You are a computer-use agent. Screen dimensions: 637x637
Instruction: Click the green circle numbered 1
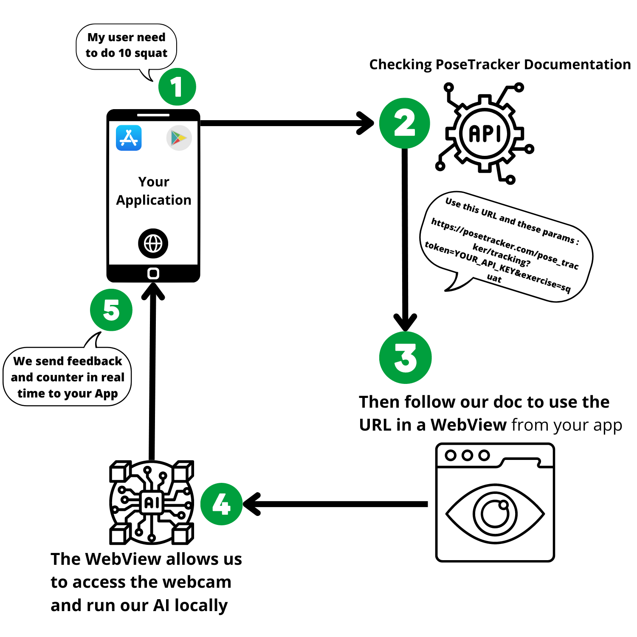pos(177,87)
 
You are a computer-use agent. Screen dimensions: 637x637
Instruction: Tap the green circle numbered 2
pos(404,124)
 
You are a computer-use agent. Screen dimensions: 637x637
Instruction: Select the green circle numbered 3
pos(405,358)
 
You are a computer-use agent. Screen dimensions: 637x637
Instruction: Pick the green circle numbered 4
pos(221,504)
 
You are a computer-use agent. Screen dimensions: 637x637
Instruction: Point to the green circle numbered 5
pos(111,310)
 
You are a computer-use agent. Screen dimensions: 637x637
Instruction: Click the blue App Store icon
pos(129,138)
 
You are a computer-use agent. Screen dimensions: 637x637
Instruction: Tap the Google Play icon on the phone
pos(179,138)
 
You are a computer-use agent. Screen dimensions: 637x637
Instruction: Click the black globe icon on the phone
pos(153,243)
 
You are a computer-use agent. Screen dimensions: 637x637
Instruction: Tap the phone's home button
pos(153,273)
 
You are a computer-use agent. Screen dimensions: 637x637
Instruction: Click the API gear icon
pos(485,133)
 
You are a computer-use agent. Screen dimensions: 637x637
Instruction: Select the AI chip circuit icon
pos(152,502)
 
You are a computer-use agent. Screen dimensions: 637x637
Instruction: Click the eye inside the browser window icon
pos(495,514)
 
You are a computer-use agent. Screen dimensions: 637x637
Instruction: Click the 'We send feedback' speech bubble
pos(68,377)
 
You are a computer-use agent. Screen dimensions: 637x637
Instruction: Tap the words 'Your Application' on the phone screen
pos(154,191)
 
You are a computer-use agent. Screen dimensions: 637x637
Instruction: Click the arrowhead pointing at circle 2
pos(366,123)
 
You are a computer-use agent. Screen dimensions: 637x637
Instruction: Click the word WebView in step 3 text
pos(468,425)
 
